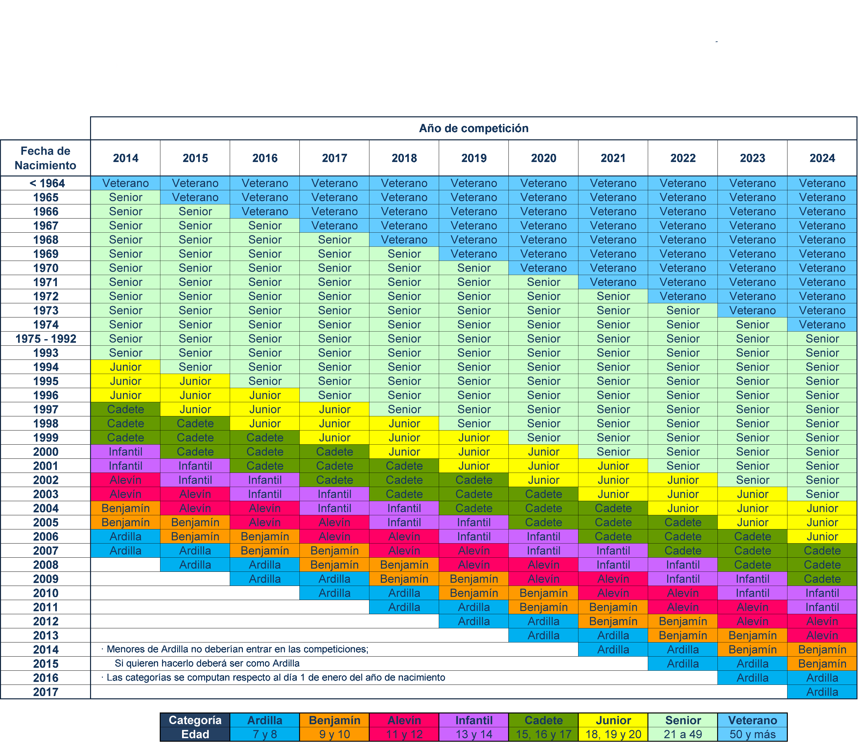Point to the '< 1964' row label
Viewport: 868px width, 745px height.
pyautogui.click(x=45, y=183)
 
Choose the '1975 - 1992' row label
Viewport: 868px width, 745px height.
pyautogui.click(x=45, y=339)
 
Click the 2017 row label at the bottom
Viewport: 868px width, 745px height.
pyautogui.click(x=45, y=692)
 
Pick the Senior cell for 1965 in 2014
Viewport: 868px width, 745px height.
pyautogui.click(x=125, y=197)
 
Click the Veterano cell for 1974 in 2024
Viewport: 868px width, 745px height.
pyautogui.click(x=822, y=325)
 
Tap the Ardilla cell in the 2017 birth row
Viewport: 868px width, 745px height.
pyautogui.click(x=822, y=692)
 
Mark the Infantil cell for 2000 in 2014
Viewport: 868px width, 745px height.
pyautogui.click(x=125, y=452)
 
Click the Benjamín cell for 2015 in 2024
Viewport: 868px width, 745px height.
pyautogui.click(x=822, y=664)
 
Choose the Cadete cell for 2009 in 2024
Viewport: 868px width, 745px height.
pyautogui.click(x=822, y=579)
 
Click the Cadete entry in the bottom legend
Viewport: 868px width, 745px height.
pyautogui.click(x=543, y=720)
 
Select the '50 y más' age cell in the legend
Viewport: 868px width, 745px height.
pyautogui.click(x=752, y=734)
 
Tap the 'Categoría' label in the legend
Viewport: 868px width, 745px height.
pyautogui.click(x=195, y=720)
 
